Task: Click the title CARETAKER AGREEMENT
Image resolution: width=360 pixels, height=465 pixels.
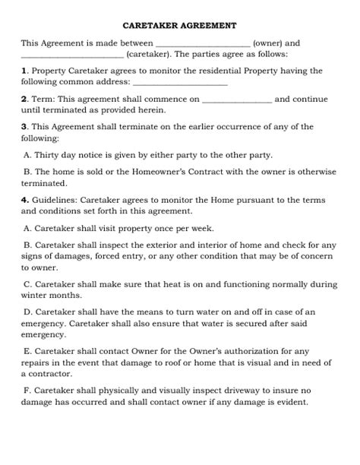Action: [179, 25]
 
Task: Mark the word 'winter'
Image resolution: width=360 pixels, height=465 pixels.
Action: [36, 296]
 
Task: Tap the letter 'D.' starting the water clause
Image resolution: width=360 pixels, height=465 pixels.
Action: [28, 312]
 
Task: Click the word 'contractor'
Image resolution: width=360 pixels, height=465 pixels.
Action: [52, 374]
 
